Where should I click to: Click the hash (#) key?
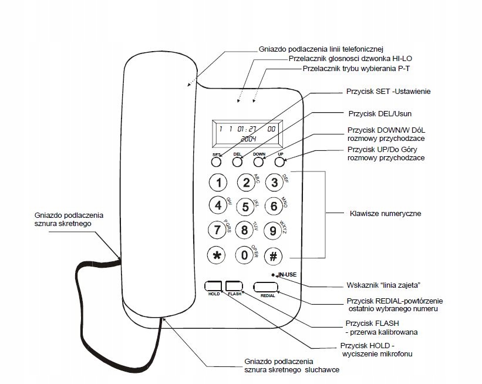pyautogui.click(x=273, y=255)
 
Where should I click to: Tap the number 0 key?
pyautogui.click(x=245, y=255)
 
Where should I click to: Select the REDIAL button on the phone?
pyautogui.click(x=267, y=287)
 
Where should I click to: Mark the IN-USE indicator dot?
pyautogui.click(x=274, y=275)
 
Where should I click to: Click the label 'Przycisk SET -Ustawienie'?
pyautogui.click(x=389, y=92)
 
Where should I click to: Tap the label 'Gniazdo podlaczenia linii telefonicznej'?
pyautogui.click(x=321, y=49)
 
